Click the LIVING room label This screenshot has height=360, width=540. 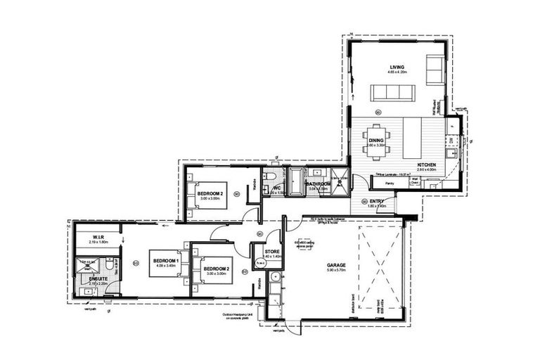tap(397, 67)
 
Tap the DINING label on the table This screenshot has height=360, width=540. tap(376, 141)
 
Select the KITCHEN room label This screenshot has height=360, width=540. tap(426, 165)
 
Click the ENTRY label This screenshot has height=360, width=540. tap(377, 201)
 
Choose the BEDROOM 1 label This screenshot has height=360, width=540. tap(167, 261)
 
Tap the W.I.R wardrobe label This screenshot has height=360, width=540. tap(97, 237)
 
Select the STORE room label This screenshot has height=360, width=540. tap(272, 251)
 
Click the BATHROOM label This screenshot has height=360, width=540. tap(319, 184)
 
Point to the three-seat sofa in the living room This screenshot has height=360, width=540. tap(393, 92)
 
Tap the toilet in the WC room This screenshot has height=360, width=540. tap(272, 177)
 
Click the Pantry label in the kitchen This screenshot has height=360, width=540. tap(389, 183)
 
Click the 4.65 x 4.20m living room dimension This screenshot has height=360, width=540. tap(397, 73)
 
